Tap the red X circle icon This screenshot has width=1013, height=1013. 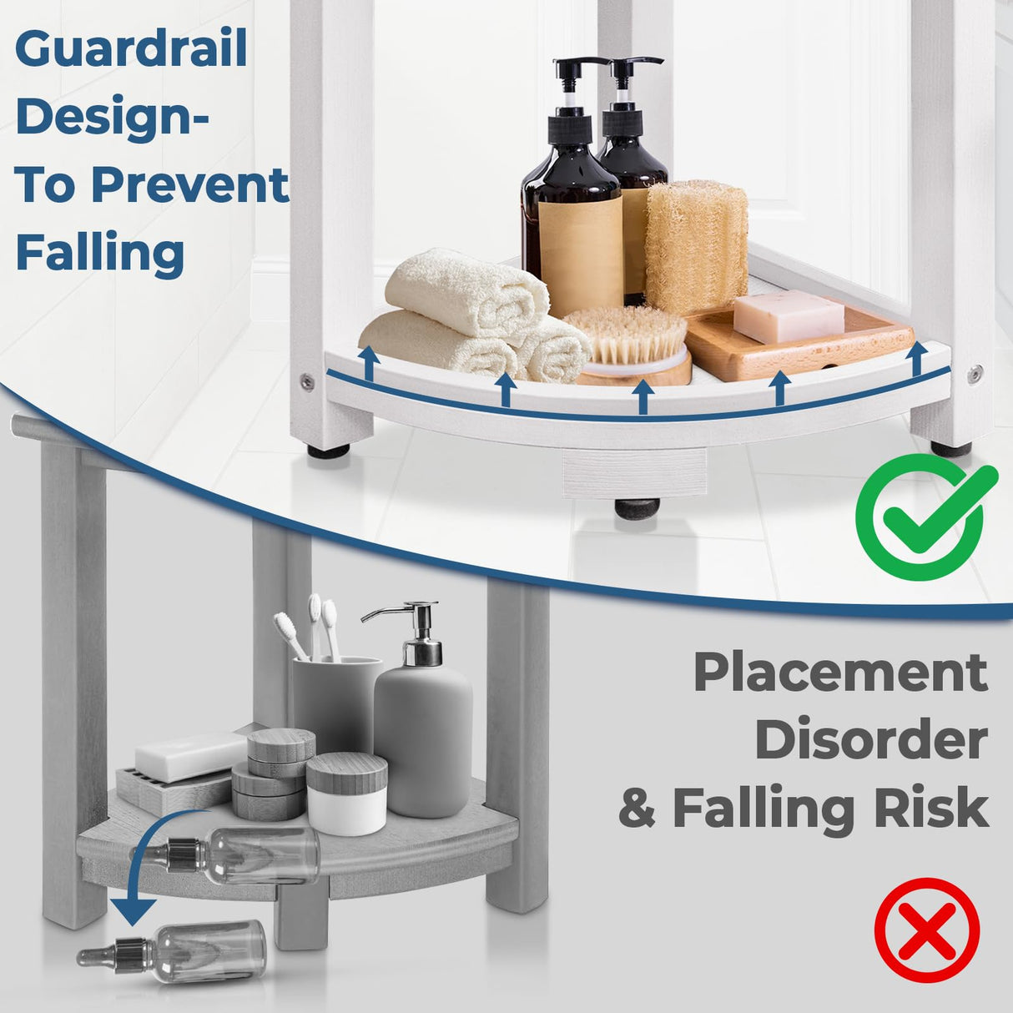click(926, 930)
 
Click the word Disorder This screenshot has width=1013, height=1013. click(871, 740)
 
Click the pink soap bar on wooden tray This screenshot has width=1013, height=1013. click(788, 316)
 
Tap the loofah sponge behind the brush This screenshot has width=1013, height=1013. click(696, 245)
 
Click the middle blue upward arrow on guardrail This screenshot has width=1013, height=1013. click(642, 396)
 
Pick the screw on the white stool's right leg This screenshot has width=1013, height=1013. click(975, 373)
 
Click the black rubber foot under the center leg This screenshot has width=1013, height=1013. click(637, 507)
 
